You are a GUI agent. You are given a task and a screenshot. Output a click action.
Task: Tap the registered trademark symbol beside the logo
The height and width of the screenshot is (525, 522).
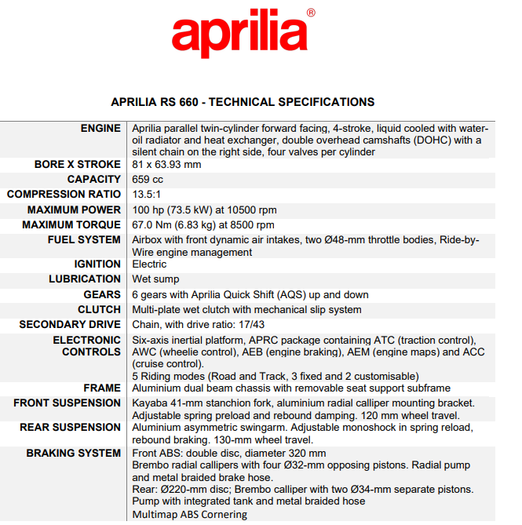311,13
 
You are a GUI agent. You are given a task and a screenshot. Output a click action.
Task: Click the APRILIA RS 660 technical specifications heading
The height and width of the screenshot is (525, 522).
243,102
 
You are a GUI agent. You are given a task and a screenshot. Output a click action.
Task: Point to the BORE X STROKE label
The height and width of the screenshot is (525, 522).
78,165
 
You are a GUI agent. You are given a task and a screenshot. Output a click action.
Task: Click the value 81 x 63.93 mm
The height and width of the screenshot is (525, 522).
166,165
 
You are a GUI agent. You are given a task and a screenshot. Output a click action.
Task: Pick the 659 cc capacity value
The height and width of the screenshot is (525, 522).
148,180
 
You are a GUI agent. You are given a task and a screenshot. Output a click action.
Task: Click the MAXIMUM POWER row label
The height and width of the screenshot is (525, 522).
75,210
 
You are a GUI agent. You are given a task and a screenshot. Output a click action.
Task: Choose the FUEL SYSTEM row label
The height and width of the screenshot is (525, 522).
84,240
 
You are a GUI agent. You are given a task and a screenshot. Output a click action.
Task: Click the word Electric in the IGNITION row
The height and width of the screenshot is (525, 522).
149,264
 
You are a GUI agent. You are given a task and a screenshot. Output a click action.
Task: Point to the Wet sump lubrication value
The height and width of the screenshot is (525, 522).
155,279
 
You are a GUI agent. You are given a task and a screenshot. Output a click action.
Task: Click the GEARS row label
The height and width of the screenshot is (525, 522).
102,295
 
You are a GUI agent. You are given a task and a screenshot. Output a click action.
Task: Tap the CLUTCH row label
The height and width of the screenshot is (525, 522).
100,310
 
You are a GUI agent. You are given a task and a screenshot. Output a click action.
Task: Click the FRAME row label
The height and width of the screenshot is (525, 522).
102,388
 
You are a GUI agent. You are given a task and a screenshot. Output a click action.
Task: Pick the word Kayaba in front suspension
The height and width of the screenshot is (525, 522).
151,403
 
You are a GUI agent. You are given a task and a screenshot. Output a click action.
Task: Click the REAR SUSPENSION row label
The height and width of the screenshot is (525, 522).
71,428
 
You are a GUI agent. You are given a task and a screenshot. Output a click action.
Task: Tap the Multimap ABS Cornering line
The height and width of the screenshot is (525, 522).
189,515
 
